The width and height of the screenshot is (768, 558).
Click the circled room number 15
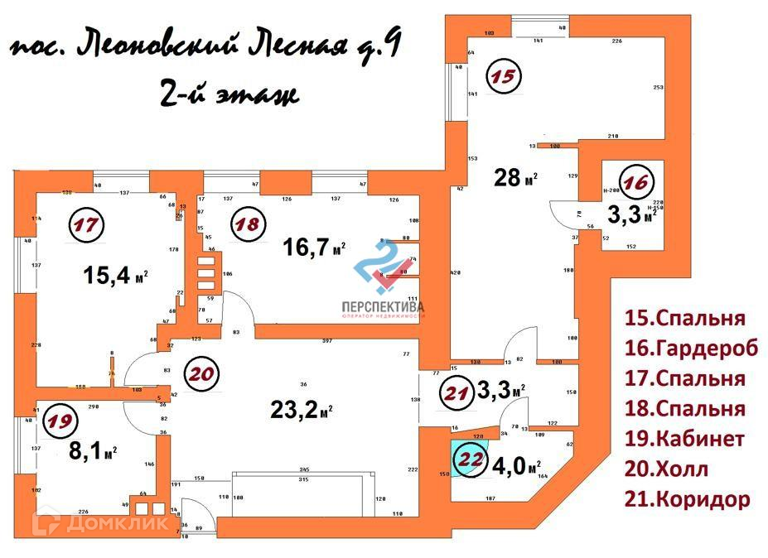503,76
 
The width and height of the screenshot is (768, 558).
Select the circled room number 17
85,224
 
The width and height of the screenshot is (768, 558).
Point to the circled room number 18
246,224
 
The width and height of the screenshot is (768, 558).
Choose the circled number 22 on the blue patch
470,458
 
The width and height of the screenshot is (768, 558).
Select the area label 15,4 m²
116,275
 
